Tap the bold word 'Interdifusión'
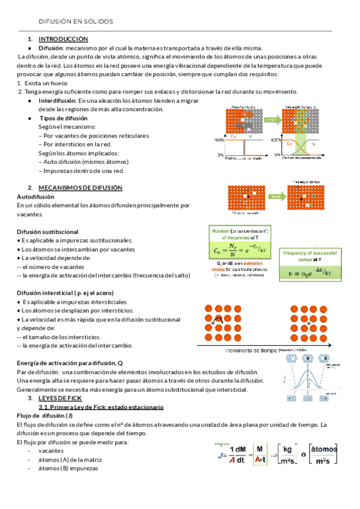pyautogui.click(x=57, y=101)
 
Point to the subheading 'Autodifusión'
pyautogui.click(x=35, y=196)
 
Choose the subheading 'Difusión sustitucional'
pyautogui.click(x=47, y=232)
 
